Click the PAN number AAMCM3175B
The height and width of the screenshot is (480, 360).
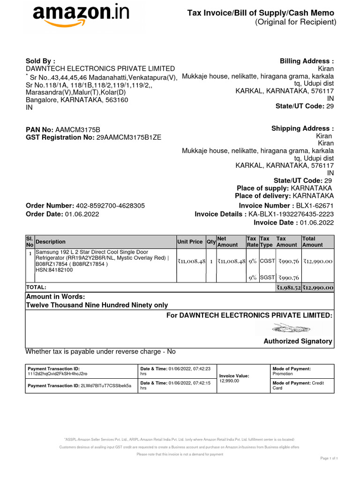coord(78,129)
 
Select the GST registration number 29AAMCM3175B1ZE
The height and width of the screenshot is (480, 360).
coord(128,137)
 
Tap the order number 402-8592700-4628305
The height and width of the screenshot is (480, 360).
coord(110,206)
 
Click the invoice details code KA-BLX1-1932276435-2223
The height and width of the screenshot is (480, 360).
coord(291,214)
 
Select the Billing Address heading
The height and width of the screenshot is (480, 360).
coord(307,61)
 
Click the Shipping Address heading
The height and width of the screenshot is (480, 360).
coord(302,129)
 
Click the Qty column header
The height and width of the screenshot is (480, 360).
coord(210,242)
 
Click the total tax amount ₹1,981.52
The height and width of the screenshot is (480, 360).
coord(288,287)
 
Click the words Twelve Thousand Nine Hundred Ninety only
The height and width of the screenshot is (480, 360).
coord(97,305)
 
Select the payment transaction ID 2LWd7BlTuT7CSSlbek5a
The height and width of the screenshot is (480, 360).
coord(106,386)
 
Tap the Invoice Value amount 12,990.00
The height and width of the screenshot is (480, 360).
coord(229,381)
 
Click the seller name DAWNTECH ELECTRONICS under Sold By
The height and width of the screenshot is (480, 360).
coord(100,69)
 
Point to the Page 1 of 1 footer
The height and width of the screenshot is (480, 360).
coord(329,457)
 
